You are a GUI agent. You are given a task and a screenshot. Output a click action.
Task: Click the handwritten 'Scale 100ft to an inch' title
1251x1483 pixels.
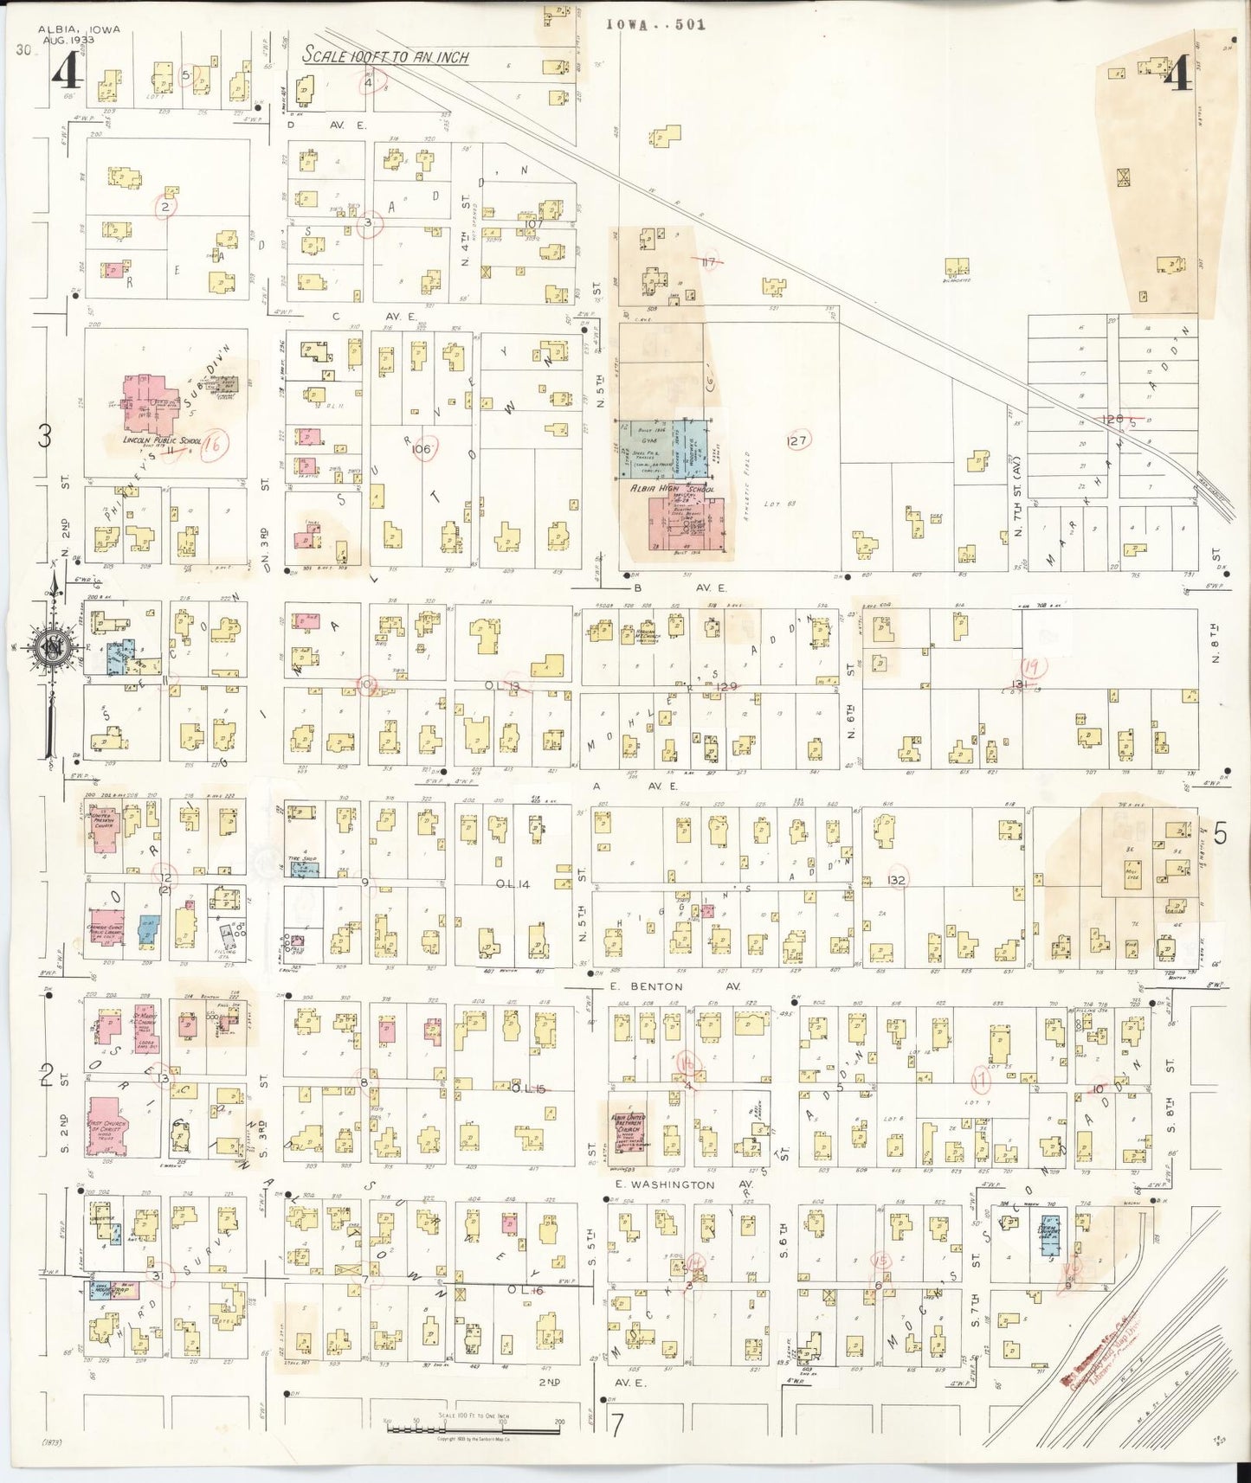click(385, 56)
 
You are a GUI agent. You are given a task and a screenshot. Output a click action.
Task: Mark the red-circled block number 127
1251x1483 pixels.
click(796, 441)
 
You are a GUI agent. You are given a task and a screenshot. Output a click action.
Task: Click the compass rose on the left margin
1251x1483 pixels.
click(52, 645)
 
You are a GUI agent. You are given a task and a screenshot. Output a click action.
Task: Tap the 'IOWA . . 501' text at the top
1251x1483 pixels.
click(655, 24)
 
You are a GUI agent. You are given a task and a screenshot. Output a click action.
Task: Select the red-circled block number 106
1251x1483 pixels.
click(422, 449)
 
